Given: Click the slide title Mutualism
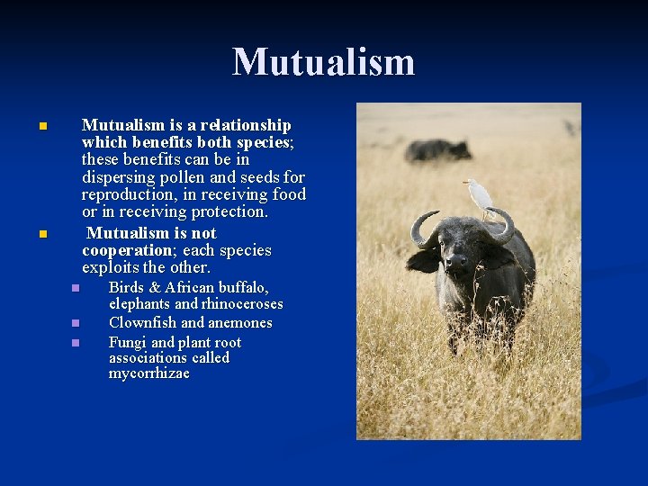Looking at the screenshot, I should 324,62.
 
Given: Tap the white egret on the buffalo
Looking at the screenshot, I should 479,194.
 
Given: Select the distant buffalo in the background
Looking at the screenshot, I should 436,149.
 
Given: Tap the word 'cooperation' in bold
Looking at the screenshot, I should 125,250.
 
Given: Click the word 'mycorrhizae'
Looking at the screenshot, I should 149,373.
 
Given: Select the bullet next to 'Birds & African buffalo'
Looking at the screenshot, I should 76,288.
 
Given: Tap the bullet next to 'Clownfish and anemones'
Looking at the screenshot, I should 76,323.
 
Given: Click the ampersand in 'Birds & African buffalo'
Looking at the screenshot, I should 155,288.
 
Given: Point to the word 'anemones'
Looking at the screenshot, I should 240,322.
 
